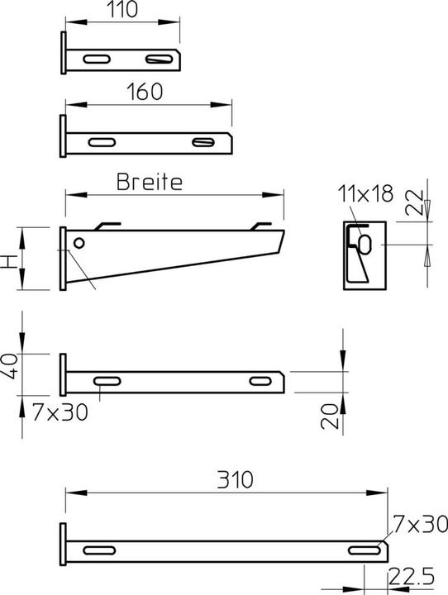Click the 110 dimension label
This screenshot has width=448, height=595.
(122, 11)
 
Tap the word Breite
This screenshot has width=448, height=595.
(149, 182)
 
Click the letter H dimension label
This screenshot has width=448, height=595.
(9, 260)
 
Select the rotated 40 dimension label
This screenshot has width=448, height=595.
(9, 364)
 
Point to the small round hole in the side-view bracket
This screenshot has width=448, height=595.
(78, 243)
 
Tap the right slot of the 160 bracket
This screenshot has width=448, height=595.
(203, 141)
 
